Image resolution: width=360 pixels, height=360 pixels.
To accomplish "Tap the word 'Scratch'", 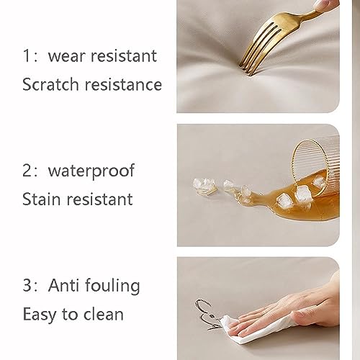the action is point(50,84).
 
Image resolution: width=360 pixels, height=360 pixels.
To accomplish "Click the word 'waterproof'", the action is point(91,171).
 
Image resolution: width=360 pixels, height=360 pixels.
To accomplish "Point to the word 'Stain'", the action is point(41,199).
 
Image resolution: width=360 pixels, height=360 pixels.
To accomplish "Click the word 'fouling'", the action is point(112,286).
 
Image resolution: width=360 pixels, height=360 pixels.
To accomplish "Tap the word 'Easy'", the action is point(40,315).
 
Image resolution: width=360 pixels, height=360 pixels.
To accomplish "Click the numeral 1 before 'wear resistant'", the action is point(27,55).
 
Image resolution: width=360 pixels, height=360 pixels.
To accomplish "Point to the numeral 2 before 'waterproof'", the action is point(27,171).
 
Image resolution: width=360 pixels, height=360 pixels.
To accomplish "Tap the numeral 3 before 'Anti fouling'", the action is point(27,285).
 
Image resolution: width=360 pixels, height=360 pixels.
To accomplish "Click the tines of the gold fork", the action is point(258,48).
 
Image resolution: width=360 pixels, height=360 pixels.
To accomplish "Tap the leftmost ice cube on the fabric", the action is point(204,186).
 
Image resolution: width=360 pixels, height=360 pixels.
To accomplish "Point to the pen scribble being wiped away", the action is point(207,315).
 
